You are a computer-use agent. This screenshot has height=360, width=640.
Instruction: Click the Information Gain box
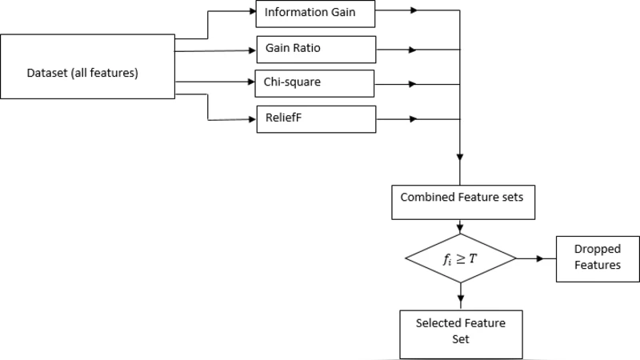(315, 12)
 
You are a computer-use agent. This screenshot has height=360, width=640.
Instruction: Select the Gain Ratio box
(315, 49)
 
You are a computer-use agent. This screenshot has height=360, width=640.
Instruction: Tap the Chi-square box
(314, 83)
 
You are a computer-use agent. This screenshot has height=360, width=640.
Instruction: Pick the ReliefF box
(315, 118)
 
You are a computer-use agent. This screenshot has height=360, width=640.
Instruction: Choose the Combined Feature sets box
(462, 201)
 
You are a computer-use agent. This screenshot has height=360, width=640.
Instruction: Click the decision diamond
(460, 258)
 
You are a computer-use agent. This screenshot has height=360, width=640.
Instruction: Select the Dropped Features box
(597, 258)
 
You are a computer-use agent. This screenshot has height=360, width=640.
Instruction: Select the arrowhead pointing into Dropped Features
(551, 258)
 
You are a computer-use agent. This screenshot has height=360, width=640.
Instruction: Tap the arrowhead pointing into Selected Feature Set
(460, 302)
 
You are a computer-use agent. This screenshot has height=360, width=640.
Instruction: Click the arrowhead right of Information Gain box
(413, 12)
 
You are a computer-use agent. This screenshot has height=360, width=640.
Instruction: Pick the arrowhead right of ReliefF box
(413, 119)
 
